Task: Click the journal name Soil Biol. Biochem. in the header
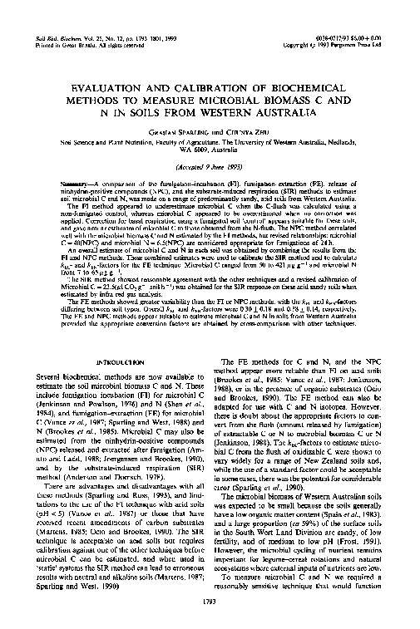click(x=47, y=17)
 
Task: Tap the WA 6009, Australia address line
click(x=210, y=152)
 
